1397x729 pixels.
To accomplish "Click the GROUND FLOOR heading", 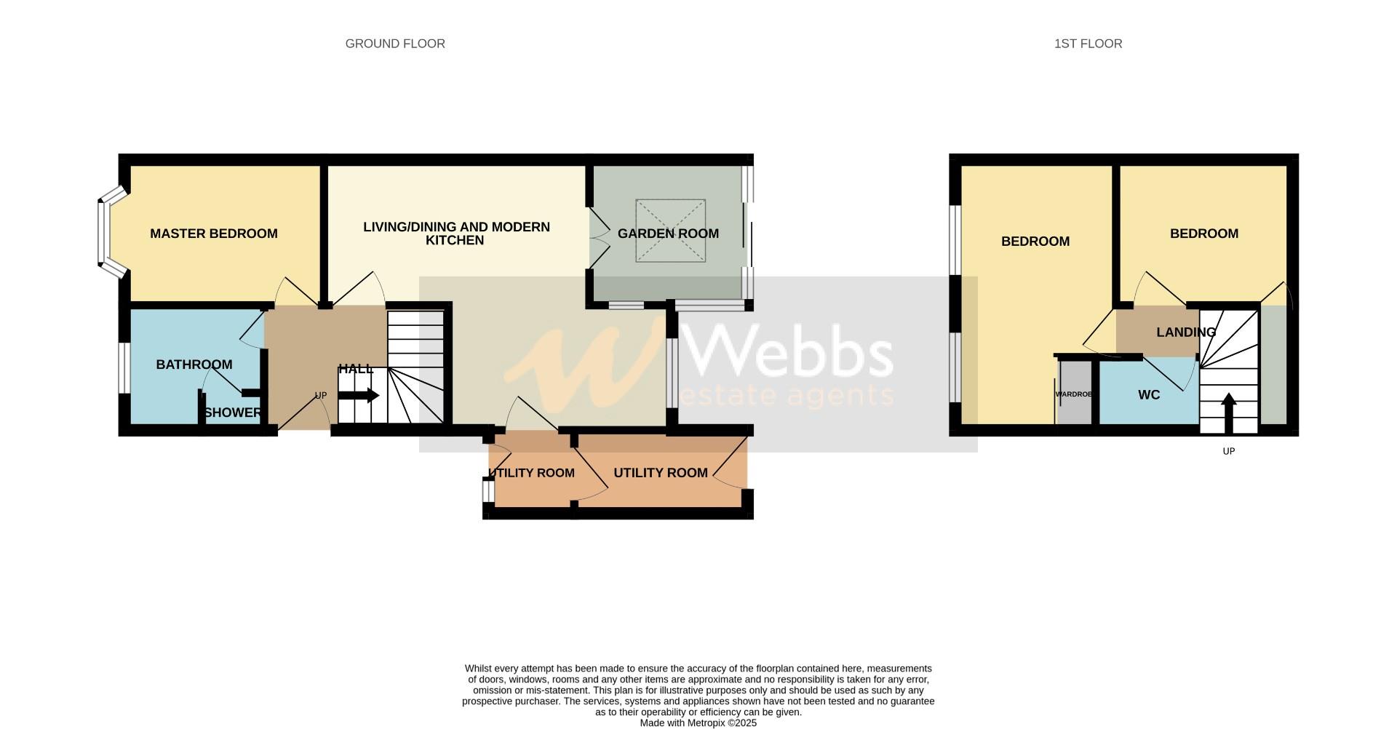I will tap(395, 44).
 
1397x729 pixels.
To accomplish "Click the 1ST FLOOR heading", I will tap(1088, 44).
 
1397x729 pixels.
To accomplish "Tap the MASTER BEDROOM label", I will tap(213, 234).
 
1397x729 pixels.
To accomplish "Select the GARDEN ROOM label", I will tap(668, 234).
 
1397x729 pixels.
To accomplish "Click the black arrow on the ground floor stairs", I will tap(359, 396).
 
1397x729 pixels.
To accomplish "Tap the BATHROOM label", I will tap(194, 364).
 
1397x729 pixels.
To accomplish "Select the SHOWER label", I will tap(232, 413).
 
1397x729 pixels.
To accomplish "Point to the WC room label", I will tap(1149, 395).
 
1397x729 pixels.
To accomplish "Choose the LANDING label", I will tap(1186, 332).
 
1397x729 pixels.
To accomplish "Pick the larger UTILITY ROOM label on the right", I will tap(661, 473).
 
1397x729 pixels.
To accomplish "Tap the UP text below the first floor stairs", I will tap(1229, 451).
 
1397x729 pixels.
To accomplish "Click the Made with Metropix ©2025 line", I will tap(698, 723).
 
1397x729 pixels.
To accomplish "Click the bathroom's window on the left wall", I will tap(124, 367).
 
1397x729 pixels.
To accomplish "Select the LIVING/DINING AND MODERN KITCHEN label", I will tap(456, 234).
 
